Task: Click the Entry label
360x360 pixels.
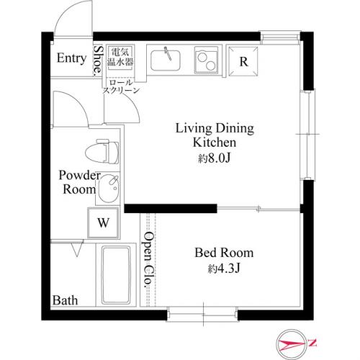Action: pos(71,58)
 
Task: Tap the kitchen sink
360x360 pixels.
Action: pos(166,60)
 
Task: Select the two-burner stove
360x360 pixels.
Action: pos(206,60)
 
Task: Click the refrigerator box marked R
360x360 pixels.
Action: pos(243,61)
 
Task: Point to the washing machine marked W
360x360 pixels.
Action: pos(103,222)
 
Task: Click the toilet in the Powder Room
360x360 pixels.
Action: pos(102,152)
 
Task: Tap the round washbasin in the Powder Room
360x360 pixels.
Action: pos(109,189)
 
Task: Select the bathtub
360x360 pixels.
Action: pos(116,275)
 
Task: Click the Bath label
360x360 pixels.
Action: pos(65,300)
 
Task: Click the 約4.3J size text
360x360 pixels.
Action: pos(224,269)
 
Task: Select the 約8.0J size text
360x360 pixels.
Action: pos(215,158)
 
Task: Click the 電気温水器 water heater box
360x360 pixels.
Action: pos(120,57)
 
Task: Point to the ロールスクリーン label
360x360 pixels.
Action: pos(121,86)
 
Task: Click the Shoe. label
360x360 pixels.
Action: pos(98,60)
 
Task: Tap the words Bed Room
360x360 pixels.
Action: pos(224,253)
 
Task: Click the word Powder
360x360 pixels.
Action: pos(79,176)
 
